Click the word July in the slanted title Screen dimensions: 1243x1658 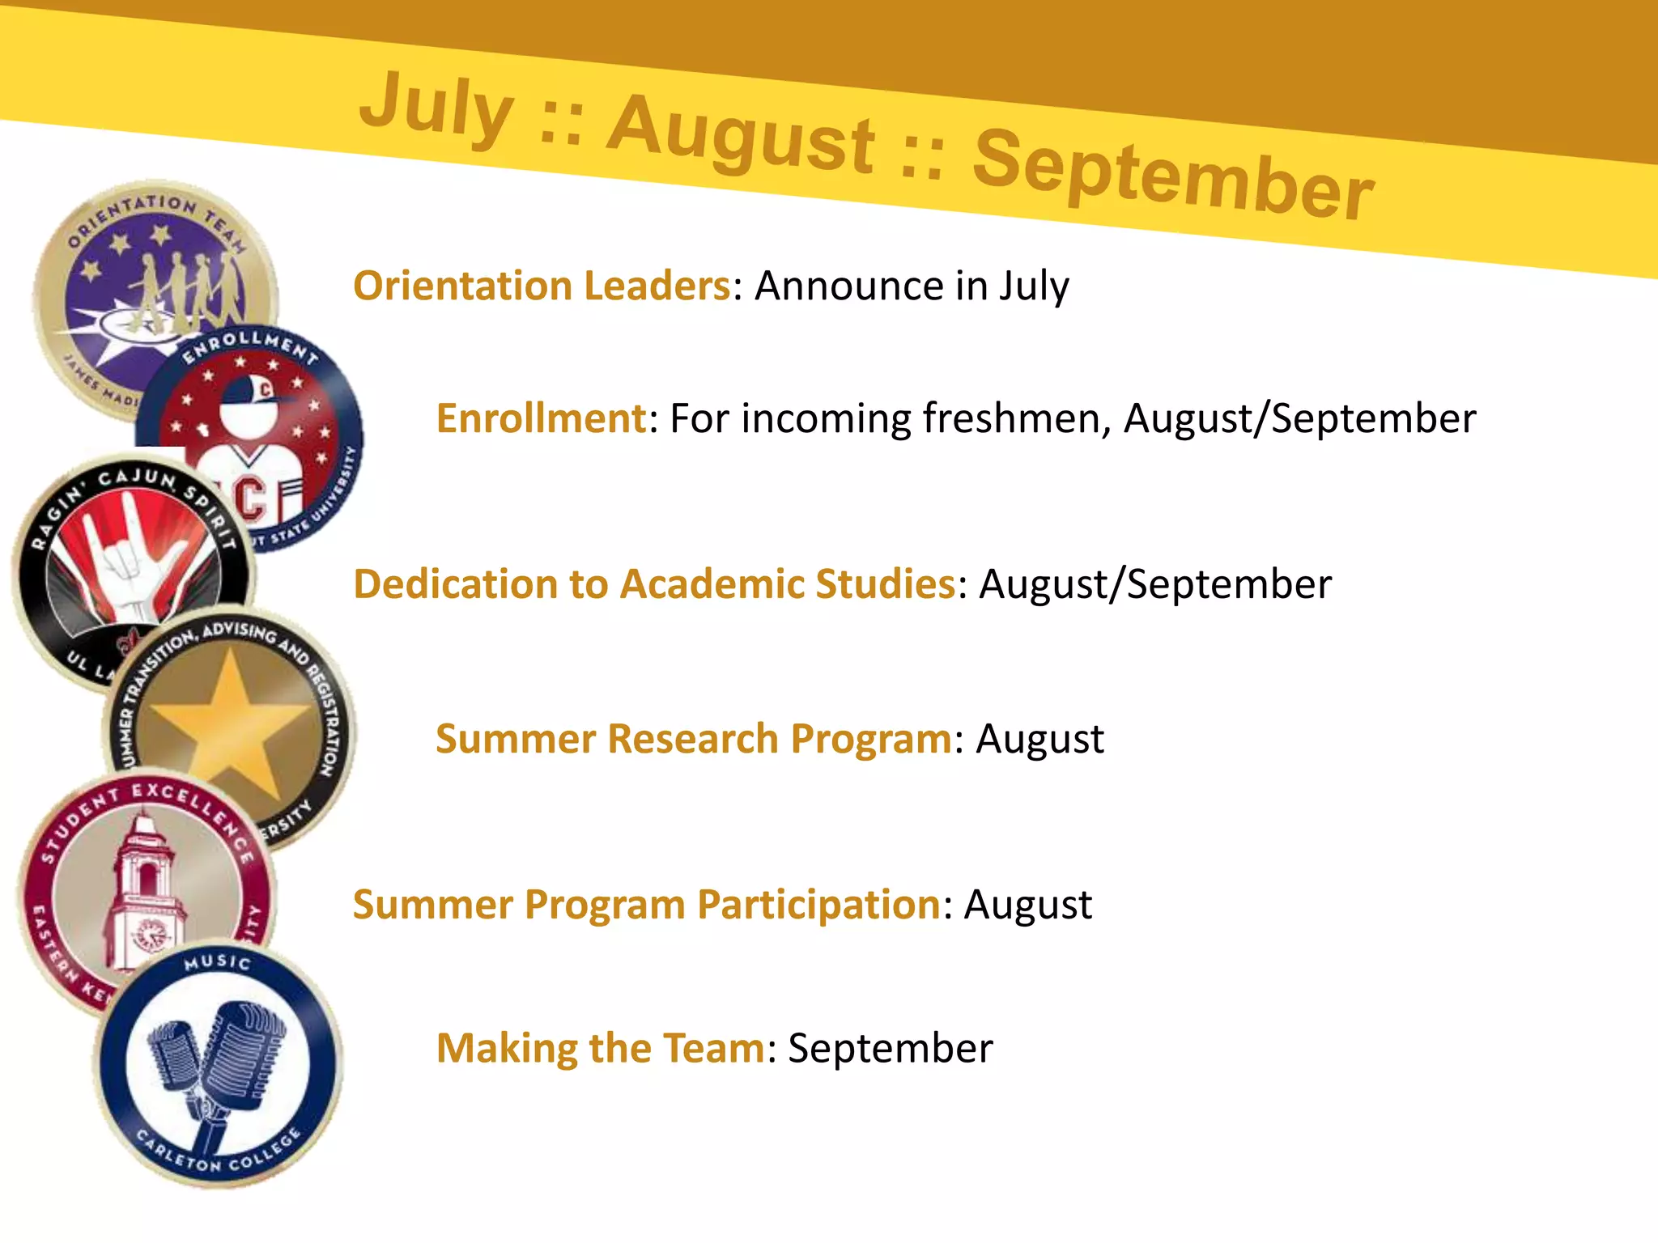pyautogui.click(x=437, y=108)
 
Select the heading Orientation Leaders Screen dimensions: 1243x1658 pyautogui.click(x=542, y=286)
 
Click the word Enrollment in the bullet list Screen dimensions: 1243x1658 pyautogui.click(x=541, y=418)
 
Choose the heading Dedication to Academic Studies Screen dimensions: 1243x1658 pyautogui.click(x=654, y=583)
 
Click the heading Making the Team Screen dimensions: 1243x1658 pyautogui.click(x=600, y=1048)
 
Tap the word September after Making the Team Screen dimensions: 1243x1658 pyautogui.click(x=890, y=1048)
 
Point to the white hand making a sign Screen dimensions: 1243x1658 pyautogui.click(x=134, y=558)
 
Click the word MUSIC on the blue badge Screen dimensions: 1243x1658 pyautogui.click(x=217, y=962)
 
